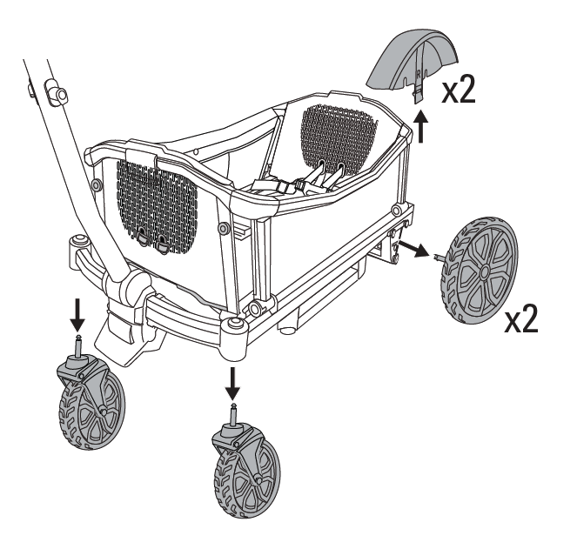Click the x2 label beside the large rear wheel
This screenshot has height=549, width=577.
[521, 318]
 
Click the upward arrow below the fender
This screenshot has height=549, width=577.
[421, 127]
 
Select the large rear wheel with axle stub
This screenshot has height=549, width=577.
[479, 271]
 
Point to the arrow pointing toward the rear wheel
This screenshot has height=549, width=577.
[414, 249]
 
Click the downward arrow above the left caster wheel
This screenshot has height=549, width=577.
[77, 315]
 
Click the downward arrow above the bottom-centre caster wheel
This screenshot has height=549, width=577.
[232, 384]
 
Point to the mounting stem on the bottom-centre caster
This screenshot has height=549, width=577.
[234, 415]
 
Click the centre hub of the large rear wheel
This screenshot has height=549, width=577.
[485, 271]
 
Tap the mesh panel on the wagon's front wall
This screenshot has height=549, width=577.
[158, 206]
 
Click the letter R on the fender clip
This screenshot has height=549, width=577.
[418, 74]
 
